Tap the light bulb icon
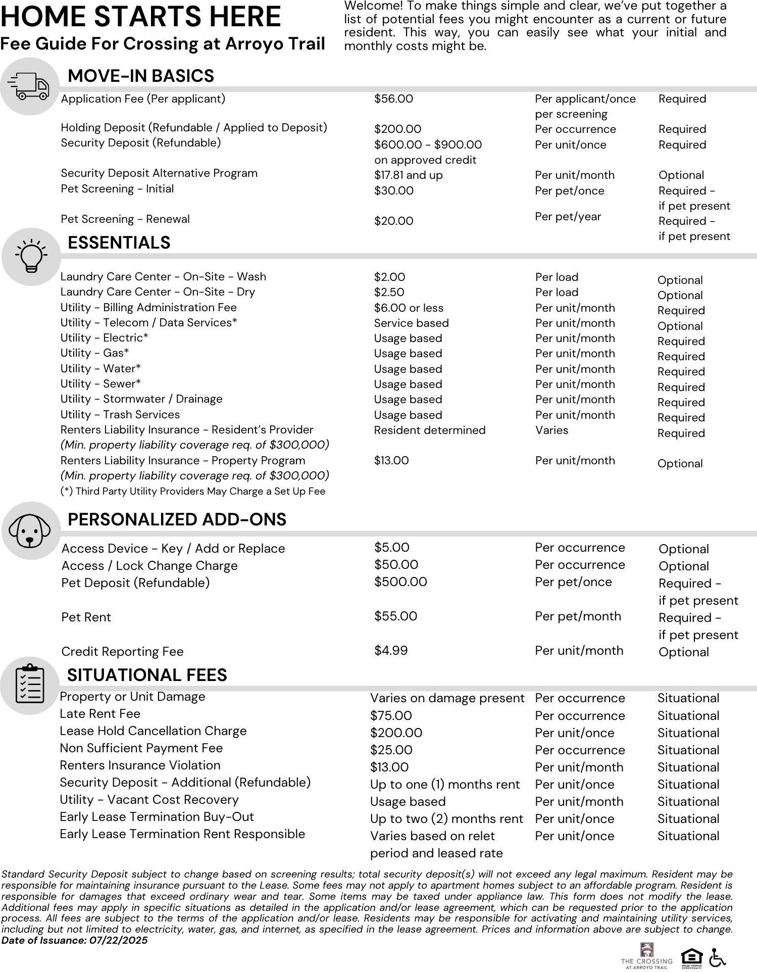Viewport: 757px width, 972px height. (x=31, y=256)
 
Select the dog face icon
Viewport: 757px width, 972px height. (x=30, y=530)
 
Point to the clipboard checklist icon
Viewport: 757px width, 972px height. (x=30, y=685)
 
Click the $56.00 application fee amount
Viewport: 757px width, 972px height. (x=393, y=99)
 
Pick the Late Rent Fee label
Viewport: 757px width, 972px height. (x=100, y=714)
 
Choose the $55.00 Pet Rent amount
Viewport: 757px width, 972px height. (x=395, y=616)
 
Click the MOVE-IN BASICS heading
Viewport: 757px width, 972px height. (x=141, y=76)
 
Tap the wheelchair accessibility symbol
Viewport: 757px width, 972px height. (x=718, y=957)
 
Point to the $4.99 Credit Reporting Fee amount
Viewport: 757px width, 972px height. (x=391, y=651)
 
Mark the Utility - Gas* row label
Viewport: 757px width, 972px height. (x=95, y=353)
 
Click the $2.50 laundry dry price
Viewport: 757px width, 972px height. (x=389, y=293)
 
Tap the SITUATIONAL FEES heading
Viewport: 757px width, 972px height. (x=147, y=675)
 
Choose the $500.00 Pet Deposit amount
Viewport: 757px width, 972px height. (x=400, y=582)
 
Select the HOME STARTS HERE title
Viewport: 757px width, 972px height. (x=140, y=17)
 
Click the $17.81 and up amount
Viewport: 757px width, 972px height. (x=408, y=175)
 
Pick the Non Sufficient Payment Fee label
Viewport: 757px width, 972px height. (x=141, y=748)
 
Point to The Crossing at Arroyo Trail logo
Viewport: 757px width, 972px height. (x=647, y=956)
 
